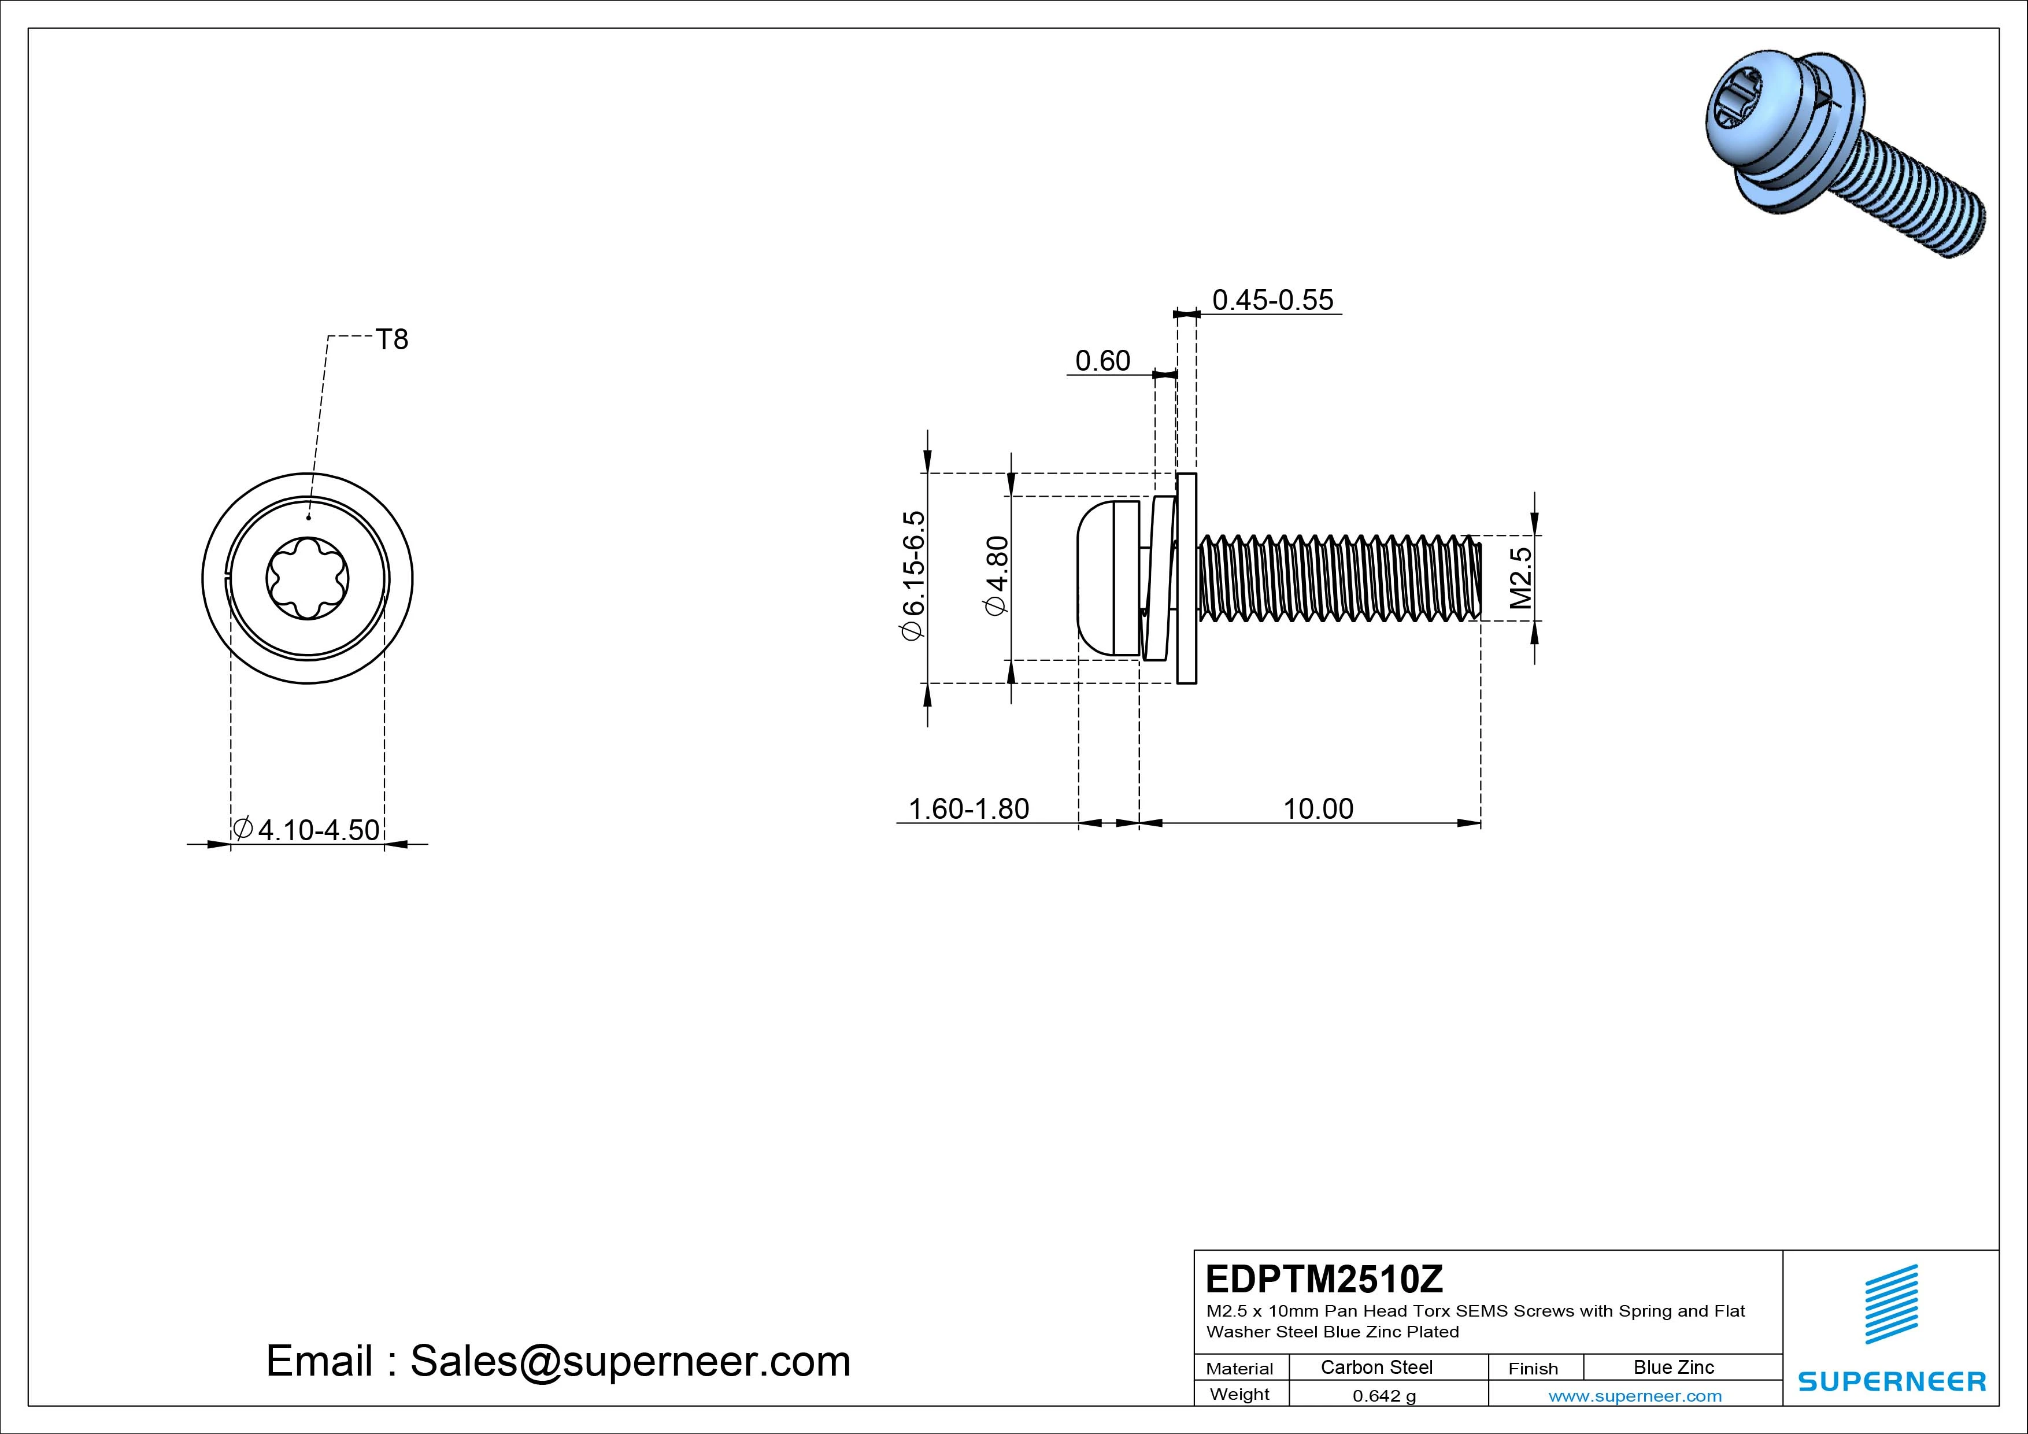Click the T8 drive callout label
point(392,339)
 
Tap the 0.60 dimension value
point(1102,360)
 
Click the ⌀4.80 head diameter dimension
point(996,576)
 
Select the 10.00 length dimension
point(1318,808)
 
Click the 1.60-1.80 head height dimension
point(969,808)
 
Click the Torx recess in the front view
point(308,579)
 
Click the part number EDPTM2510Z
point(1324,1278)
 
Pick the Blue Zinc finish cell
point(1674,1367)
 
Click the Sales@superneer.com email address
point(630,1361)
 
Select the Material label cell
point(1240,1368)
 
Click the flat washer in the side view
point(1187,578)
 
